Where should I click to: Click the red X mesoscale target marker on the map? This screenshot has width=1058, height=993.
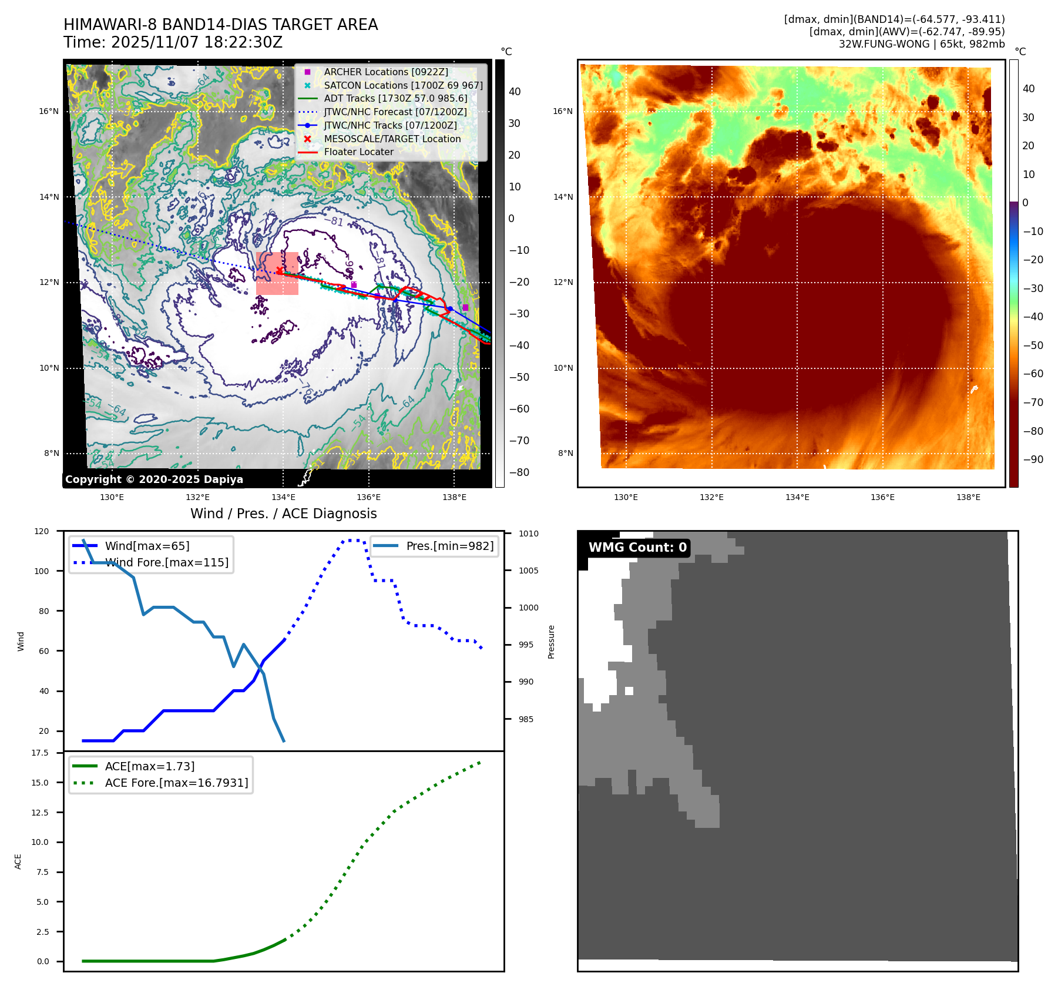(x=279, y=270)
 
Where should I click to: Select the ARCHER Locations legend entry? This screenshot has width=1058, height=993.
(x=385, y=72)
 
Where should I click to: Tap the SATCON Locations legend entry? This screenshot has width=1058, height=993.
(x=403, y=85)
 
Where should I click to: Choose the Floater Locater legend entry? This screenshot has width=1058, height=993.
(x=358, y=152)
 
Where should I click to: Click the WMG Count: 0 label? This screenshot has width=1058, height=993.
(x=637, y=548)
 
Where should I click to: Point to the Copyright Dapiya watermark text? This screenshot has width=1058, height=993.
(x=154, y=479)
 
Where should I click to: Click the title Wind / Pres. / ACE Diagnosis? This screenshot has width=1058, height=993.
(x=283, y=514)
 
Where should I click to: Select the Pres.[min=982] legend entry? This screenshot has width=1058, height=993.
(x=449, y=546)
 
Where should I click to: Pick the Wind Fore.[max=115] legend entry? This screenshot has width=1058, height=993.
(x=166, y=562)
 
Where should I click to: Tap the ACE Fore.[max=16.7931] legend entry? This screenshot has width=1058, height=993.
(x=176, y=783)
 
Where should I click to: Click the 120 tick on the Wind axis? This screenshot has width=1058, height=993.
(x=42, y=531)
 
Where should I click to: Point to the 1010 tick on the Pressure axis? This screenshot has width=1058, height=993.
(x=528, y=534)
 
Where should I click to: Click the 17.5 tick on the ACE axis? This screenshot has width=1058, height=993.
(x=40, y=753)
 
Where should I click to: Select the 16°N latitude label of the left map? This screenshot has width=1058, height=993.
(x=49, y=111)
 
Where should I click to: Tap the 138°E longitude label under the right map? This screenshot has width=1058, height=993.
(x=968, y=497)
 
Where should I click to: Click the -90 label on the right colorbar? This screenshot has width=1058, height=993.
(x=1033, y=459)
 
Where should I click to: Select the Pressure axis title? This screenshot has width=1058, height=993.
(x=551, y=642)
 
